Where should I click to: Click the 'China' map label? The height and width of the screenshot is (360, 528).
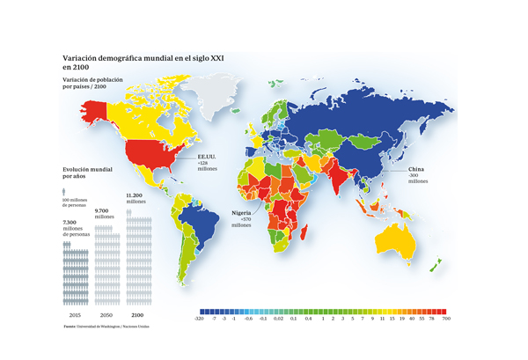pyautogui.click(x=416, y=168)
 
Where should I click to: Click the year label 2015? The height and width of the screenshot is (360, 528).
pyautogui.click(x=76, y=313)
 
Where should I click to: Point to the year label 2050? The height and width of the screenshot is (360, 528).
pyautogui.click(x=106, y=313)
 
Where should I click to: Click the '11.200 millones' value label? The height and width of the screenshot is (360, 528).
pyautogui.click(x=137, y=198)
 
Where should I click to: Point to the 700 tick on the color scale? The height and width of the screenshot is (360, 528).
pyautogui.click(x=446, y=319)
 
